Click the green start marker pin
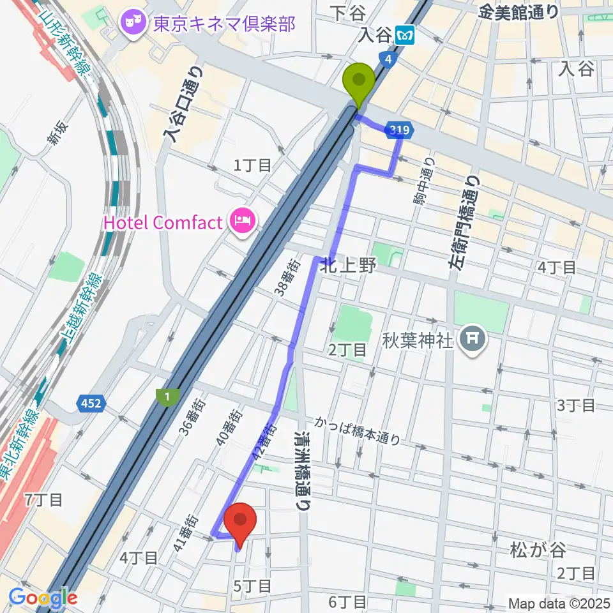coord(359,82)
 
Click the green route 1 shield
coord(166,397)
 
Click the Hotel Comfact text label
coord(163,222)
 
